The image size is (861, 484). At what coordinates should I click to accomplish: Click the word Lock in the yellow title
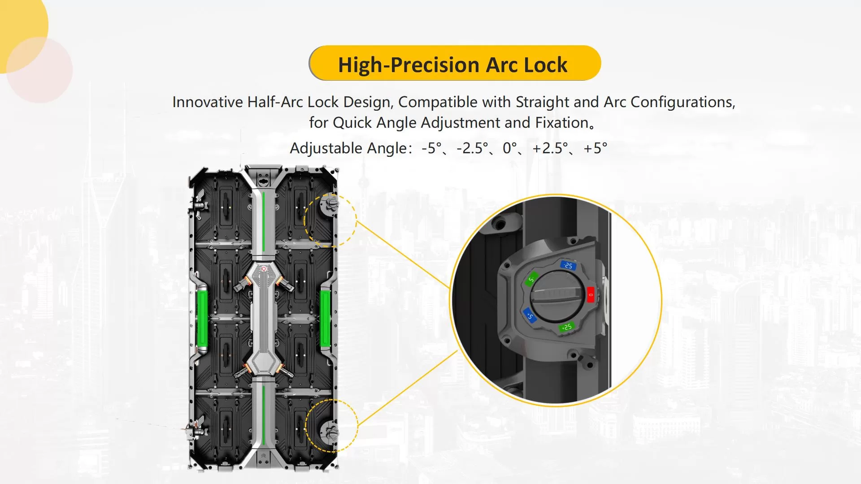click(545, 65)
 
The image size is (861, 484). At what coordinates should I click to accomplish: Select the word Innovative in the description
click(207, 102)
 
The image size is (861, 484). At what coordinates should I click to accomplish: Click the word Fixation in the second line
click(562, 123)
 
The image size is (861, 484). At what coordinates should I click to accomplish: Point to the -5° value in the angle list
click(431, 148)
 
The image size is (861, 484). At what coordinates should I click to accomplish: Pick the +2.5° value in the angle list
click(550, 148)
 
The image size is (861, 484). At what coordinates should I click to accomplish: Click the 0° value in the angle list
click(509, 148)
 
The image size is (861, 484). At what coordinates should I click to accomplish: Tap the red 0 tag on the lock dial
click(591, 294)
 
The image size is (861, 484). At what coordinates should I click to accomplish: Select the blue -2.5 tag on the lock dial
click(568, 265)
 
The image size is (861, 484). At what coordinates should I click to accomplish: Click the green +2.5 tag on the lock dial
click(566, 327)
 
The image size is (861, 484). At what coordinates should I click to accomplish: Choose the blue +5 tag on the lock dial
click(530, 315)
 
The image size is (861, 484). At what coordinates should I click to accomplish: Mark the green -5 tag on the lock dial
click(531, 279)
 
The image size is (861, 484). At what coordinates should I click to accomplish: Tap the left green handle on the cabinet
click(202, 319)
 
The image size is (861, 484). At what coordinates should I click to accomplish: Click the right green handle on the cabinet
click(325, 319)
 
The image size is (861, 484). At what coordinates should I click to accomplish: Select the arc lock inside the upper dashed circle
click(330, 205)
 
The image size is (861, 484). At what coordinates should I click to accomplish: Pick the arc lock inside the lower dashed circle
click(330, 432)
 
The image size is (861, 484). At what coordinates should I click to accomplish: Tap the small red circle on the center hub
click(264, 269)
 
